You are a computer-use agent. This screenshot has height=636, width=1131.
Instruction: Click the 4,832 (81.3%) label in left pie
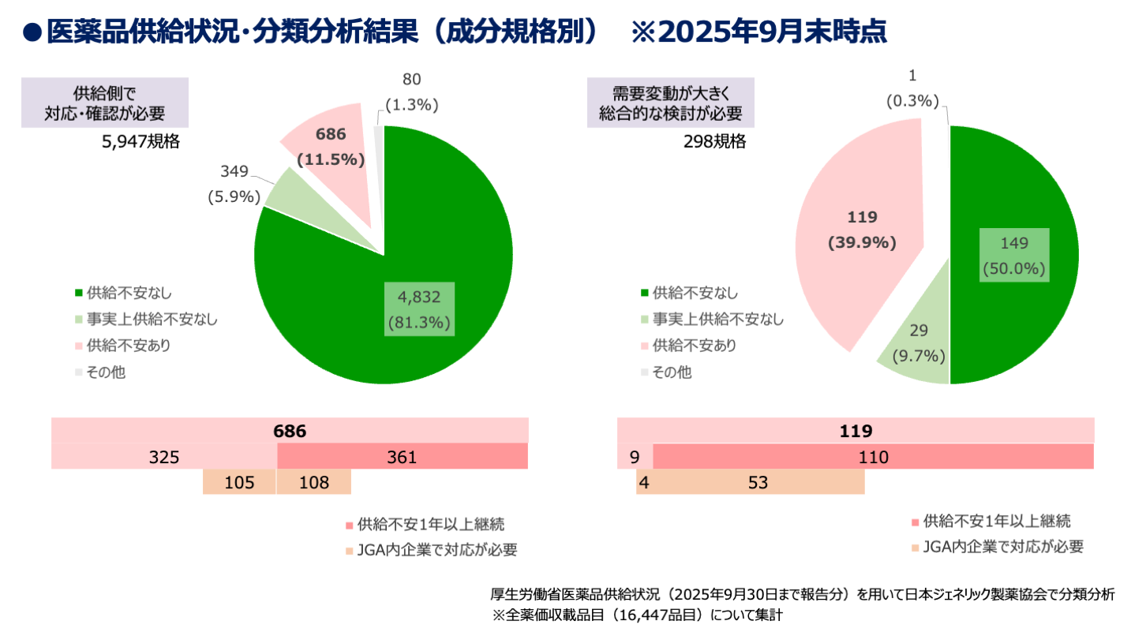pyautogui.click(x=421, y=309)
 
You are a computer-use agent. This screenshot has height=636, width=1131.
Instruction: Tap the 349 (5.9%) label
pyautogui.click(x=234, y=185)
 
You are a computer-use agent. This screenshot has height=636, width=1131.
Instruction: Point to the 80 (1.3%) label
pyautogui.click(x=412, y=92)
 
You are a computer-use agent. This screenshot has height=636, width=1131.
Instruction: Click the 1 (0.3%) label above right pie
pyautogui.click(x=912, y=88)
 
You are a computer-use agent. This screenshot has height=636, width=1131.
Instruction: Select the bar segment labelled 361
pyautogui.click(x=402, y=457)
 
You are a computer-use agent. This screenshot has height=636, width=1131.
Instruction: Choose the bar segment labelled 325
pyautogui.click(x=164, y=457)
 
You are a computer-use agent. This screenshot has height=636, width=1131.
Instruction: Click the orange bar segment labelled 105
pyautogui.click(x=239, y=482)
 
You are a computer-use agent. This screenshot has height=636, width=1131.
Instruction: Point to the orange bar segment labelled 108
pyautogui.click(x=313, y=482)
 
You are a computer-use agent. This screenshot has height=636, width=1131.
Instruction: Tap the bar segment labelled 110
pyautogui.click(x=873, y=457)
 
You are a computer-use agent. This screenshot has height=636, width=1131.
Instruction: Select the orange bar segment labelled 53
pyautogui.click(x=758, y=482)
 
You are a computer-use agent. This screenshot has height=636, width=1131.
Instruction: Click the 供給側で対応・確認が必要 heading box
pyautogui.click(x=104, y=102)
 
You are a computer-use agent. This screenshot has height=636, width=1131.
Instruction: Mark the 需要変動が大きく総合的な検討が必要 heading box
pyautogui.click(x=670, y=103)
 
